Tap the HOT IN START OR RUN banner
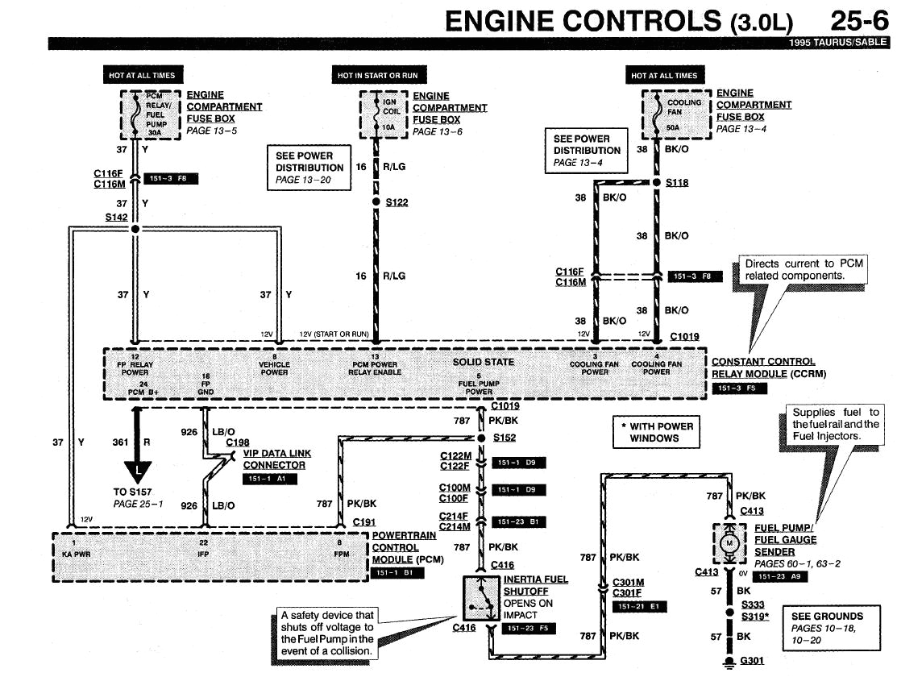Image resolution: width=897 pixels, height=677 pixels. click(377, 75)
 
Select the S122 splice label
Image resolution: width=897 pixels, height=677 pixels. click(397, 202)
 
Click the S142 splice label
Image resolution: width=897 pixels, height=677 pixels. click(116, 218)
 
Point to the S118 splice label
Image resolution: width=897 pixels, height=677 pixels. click(677, 183)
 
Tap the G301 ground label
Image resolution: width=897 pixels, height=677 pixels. click(751, 662)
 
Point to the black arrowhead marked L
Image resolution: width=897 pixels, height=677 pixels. click(139, 468)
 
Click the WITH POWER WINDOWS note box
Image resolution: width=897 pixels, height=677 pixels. click(656, 432)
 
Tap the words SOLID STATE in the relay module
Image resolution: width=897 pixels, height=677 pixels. click(484, 362)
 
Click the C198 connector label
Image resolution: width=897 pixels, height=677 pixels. click(238, 442)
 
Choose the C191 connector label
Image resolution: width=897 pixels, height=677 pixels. click(364, 522)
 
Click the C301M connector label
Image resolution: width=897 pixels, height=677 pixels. click(629, 582)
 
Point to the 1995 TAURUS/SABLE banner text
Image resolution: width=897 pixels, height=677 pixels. click(842, 43)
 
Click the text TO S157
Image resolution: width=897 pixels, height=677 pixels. click(133, 491)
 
